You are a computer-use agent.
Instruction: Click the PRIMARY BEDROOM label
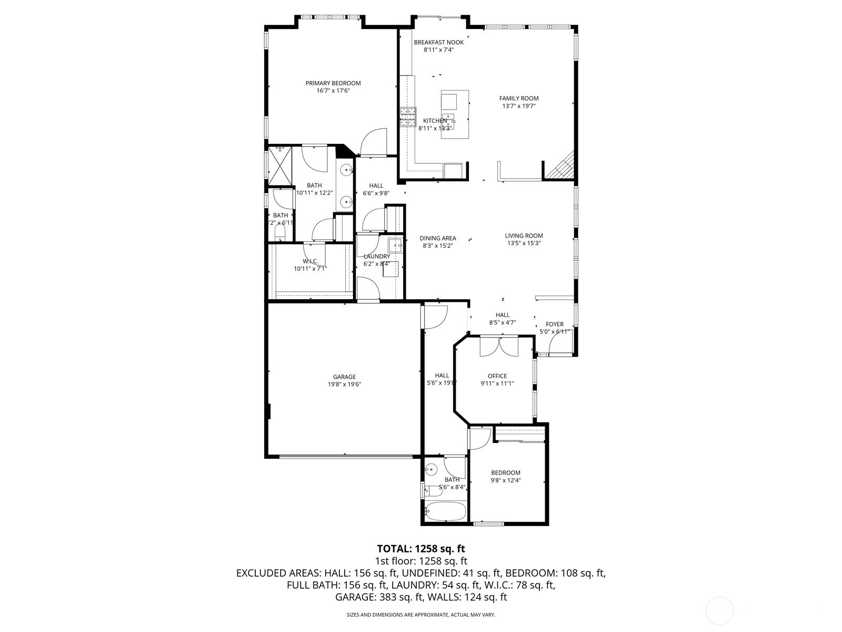pos(333,83)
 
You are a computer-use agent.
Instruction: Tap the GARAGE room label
pos(344,377)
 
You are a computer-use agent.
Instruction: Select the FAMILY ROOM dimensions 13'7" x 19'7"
pos(519,106)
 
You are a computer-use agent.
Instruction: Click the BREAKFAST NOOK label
pos(439,42)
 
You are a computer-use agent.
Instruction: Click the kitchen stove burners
pos(407,117)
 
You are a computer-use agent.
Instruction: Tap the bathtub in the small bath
pos(445,511)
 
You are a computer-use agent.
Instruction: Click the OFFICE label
pos(497,376)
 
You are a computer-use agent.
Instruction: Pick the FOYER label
pos(555,324)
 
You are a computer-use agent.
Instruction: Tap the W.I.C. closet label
pos(310,261)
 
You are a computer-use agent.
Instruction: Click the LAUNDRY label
pos(377,256)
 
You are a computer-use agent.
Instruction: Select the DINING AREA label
pos(438,238)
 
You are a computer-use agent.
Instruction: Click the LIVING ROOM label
pos(524,236)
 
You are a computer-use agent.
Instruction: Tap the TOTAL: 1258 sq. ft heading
pos(421,549)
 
